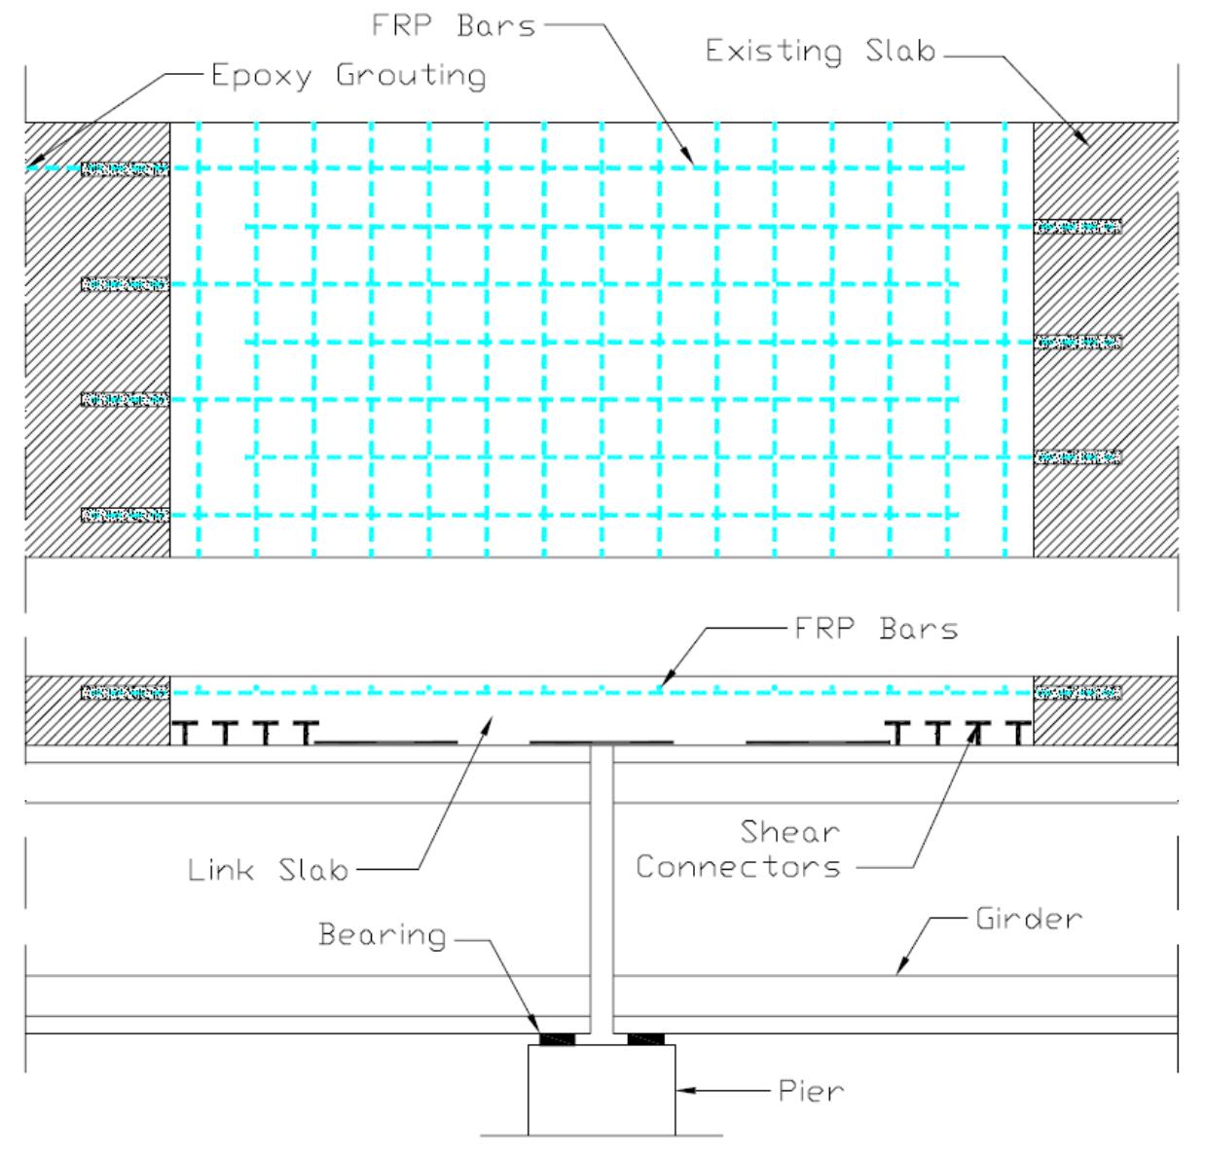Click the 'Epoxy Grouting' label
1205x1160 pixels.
(x=348, y=76)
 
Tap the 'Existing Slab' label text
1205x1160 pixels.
(x=821, y=51)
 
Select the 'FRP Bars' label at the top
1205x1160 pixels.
(x=454, y=26)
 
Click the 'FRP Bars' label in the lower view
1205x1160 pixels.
(x=876, y=629)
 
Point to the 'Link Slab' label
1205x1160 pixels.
(x=268, y=870)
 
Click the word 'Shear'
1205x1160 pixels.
(x=790, y=832)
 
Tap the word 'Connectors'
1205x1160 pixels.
(x=739, y=867)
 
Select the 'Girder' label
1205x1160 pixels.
(x=1029, y=919)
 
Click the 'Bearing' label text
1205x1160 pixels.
(x=383, y=935)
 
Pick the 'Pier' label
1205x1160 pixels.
(x=811, y=1091)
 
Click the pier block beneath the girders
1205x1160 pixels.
(x=602, y=1090)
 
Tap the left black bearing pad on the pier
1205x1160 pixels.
(x=557, y=1038)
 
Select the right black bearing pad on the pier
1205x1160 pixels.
(x=646, y=1038)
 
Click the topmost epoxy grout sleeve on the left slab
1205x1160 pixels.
(x=126, y=168)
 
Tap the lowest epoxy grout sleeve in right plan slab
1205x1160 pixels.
(x=1077, y=457)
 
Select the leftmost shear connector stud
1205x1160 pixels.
(x=184, y=732)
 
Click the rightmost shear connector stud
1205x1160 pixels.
(x=1019, y=732)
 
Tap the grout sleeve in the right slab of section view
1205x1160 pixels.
(x=1077, y=693)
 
